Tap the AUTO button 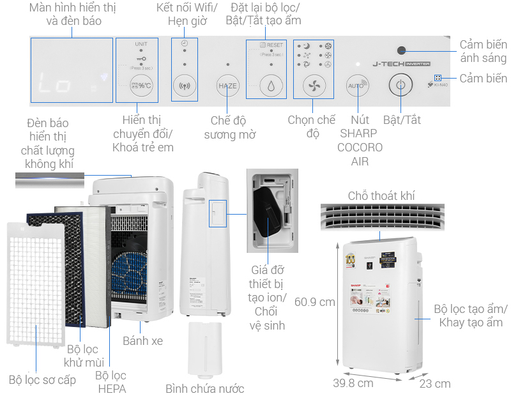click(x=356, y=86)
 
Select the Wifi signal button click(x=185, y=86)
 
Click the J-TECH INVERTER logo click(x=400, y=64)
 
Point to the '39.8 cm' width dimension click(x=353, y=383)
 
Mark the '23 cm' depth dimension click(x=434, y=383)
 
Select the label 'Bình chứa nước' click(x=204, y=388)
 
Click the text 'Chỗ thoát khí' click(x=381, y=195)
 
